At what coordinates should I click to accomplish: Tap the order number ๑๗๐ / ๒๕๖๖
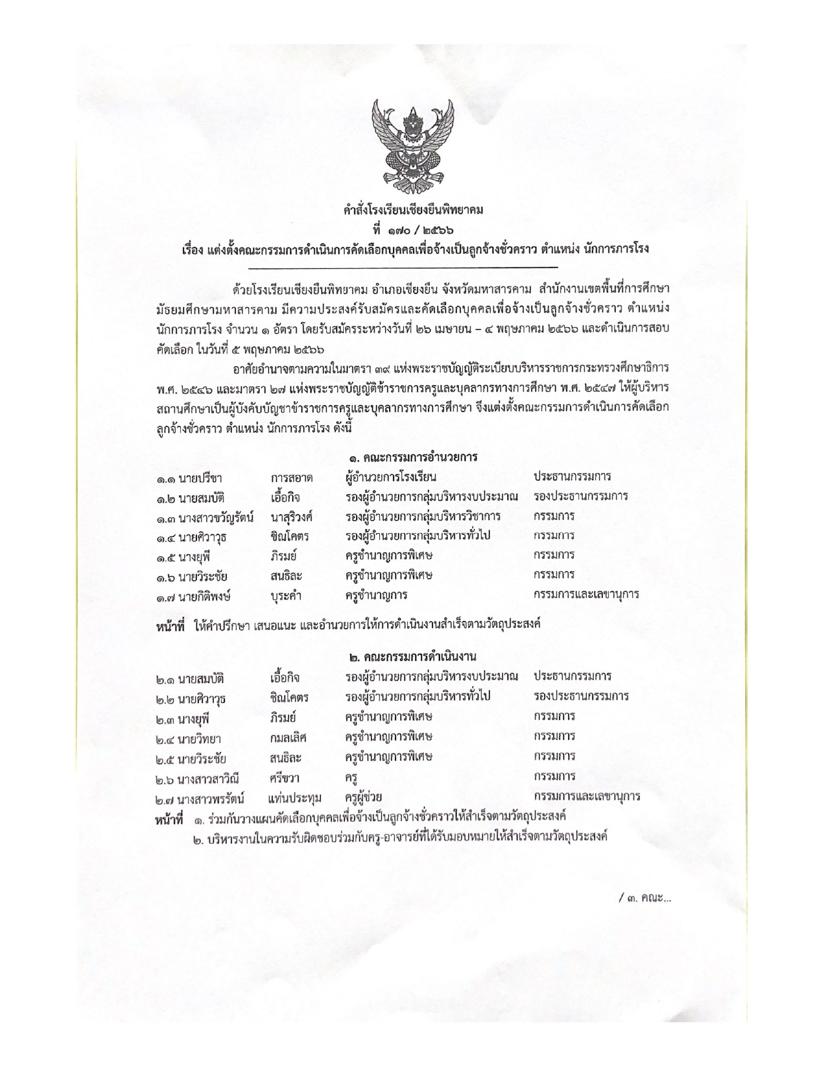point(412,229)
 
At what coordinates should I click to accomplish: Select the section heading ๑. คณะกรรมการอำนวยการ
point(412,457)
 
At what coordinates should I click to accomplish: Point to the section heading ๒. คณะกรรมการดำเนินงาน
point(412,657)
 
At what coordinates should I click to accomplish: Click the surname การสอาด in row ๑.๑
point(292,478)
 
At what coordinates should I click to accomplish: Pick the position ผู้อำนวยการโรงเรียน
point(391,477)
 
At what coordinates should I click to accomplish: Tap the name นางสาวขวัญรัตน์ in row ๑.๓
point(216,517)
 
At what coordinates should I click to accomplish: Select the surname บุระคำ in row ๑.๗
point(290,595)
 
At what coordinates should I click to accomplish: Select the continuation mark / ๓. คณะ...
point(644,898)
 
